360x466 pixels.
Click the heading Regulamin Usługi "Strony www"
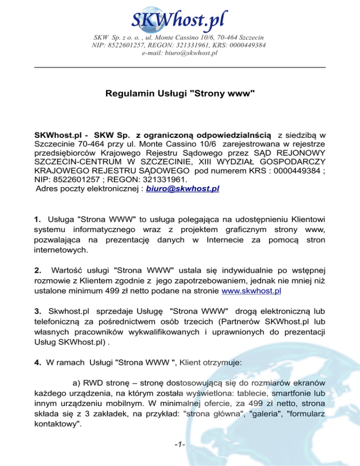click(180, 94)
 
